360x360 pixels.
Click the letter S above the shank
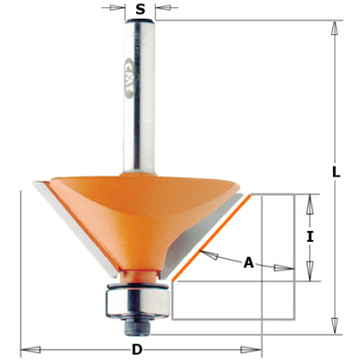(140, 12)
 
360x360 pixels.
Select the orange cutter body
(143, 215)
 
